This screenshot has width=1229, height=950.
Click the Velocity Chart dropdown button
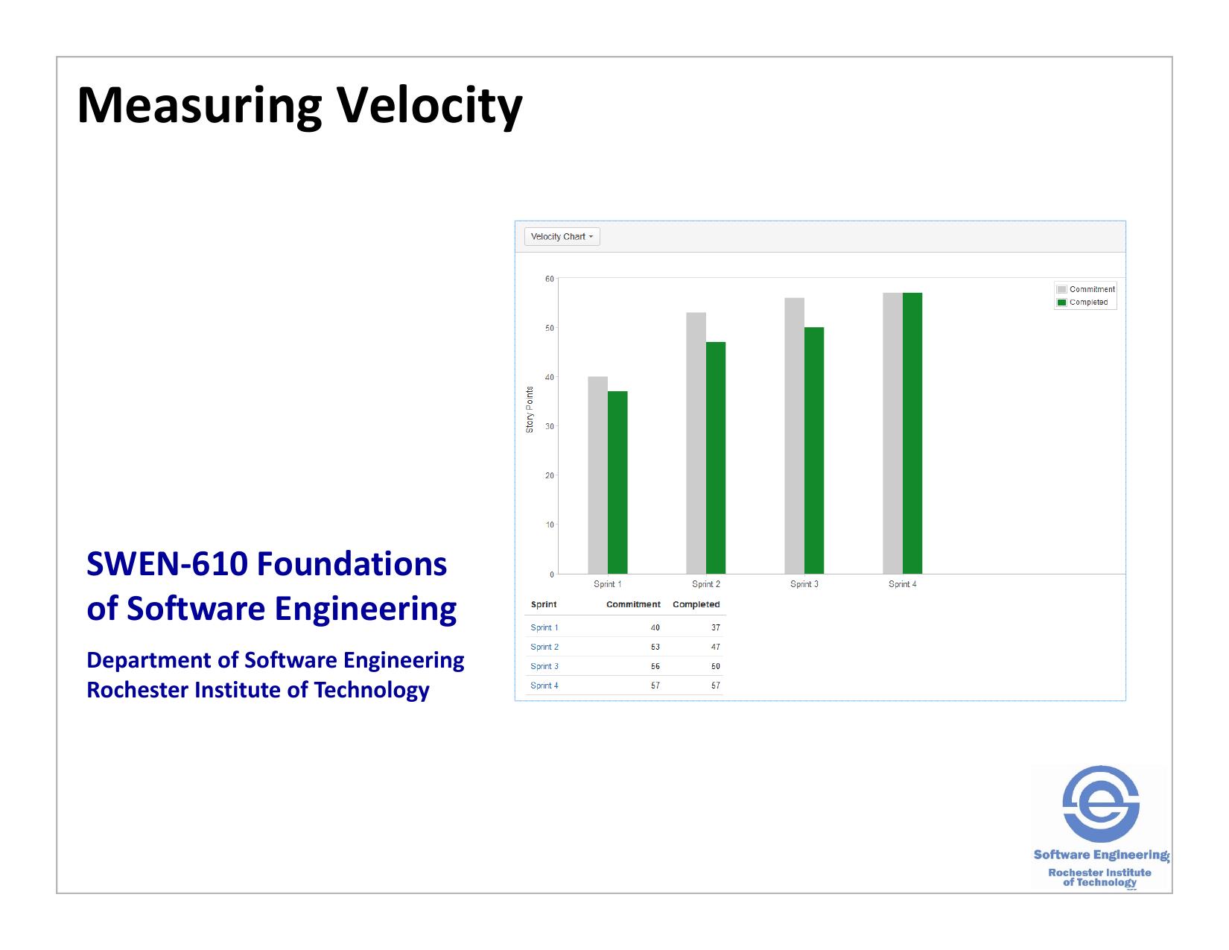[x=562, y=237]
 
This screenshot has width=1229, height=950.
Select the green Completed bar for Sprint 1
[x=617, y=482]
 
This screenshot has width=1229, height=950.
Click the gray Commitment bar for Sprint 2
[x=696, y=443]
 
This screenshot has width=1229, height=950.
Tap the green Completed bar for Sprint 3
[x=814, y=450]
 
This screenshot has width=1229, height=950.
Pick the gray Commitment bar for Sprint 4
[x=892, y=433]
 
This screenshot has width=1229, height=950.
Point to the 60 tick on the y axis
[x=550, y=279]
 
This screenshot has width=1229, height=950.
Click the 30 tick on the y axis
[x=550, y=426]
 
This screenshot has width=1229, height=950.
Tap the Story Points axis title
[x=530, y=409]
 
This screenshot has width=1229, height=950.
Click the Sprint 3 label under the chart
[x=804, y=584]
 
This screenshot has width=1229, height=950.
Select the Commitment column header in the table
[x=633, y=604]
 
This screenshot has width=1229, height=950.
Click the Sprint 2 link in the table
[x=544, y=647]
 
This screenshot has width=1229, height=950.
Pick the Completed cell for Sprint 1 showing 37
[x=715, y=627]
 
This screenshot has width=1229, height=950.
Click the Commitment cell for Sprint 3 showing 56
[x=655, y=666]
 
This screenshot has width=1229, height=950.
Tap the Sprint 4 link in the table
[x=544, y=685]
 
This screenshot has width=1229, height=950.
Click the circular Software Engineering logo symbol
[x=1100, y=804]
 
